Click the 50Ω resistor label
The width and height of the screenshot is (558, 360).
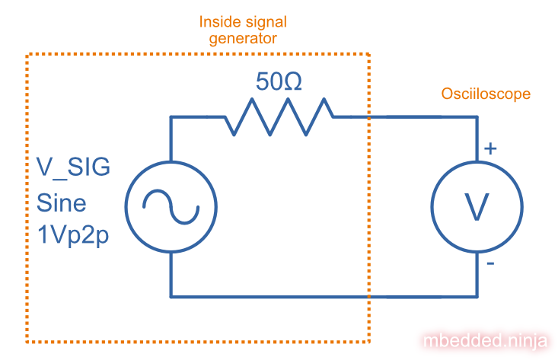(279, 81)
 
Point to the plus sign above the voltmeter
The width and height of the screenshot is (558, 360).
(491, 149)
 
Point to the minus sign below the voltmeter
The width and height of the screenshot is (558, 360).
(490, 264)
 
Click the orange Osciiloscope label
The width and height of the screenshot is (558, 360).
(486, 94)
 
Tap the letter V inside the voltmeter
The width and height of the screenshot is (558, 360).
(477, 206)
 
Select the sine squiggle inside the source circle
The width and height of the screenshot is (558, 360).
(171, 205)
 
